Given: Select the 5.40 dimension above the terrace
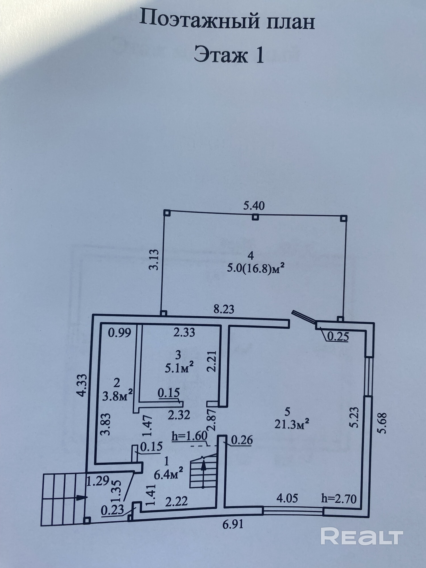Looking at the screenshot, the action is click(254, 205).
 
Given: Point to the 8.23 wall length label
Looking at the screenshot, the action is click(224, 309).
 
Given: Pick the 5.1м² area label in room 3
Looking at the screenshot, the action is click(179, 369).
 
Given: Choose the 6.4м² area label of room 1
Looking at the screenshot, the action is click(168, 474).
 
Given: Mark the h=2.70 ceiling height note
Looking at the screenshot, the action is click(339, 498).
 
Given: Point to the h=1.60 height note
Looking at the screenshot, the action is click(189, 436).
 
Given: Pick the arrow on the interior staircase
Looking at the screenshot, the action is click(203, 466).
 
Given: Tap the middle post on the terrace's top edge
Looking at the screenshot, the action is click(256, 217).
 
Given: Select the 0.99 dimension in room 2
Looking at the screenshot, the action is click(120, 332).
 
